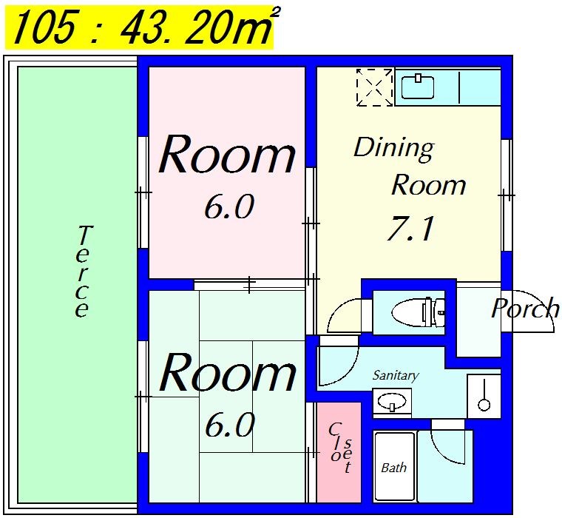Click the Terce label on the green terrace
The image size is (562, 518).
point(83,271)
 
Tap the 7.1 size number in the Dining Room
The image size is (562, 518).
point(410,229)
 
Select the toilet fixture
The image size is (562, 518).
point(419,312)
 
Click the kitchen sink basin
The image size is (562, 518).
point(418,87)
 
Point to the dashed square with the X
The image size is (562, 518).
point(375,87)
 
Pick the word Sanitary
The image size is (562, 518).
point(396,375)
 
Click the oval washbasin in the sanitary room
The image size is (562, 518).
point(392,401)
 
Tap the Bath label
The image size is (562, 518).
point(393,468)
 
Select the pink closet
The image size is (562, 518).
point(339,452)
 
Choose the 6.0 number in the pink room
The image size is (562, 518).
point(229,206)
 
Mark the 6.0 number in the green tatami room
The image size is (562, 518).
point(229,425)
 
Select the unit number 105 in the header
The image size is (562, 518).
point(45,26)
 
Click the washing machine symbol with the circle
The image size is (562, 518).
point(484,396)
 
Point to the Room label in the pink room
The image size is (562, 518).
point(227,154)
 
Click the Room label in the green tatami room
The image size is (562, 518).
point(227,372)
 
